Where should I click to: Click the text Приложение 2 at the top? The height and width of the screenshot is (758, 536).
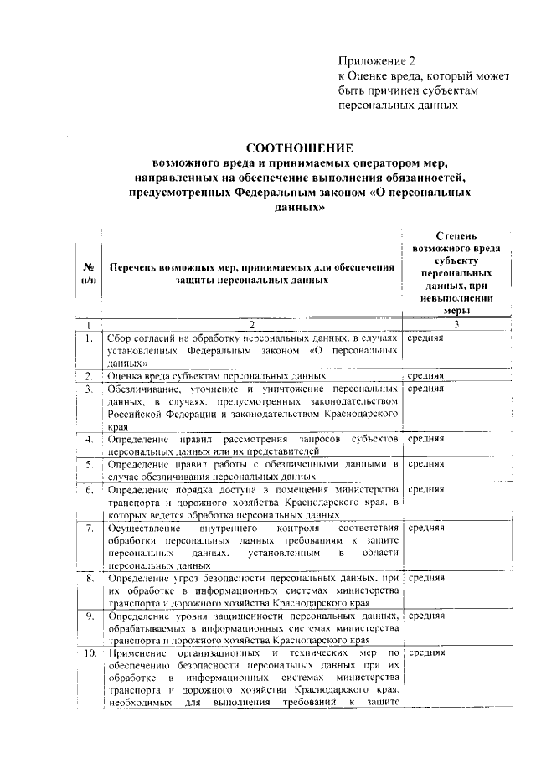pyautogui.click(x=376, y=61)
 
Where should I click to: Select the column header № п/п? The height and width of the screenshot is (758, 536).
pyautogui.click(x=88, y=273)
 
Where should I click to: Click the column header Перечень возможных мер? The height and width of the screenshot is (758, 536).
pyautogui.click(x=252, y=274)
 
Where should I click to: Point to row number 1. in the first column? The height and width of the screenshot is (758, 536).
pyautogui.click(x=88, y=338)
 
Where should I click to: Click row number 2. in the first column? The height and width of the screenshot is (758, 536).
pyautogui.click(x=88, y=376)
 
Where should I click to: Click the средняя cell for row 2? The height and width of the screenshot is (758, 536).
pyautogui.click(x=425, y=376)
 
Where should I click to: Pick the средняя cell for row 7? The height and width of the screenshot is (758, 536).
pyautogui.click(x=425, y=529)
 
